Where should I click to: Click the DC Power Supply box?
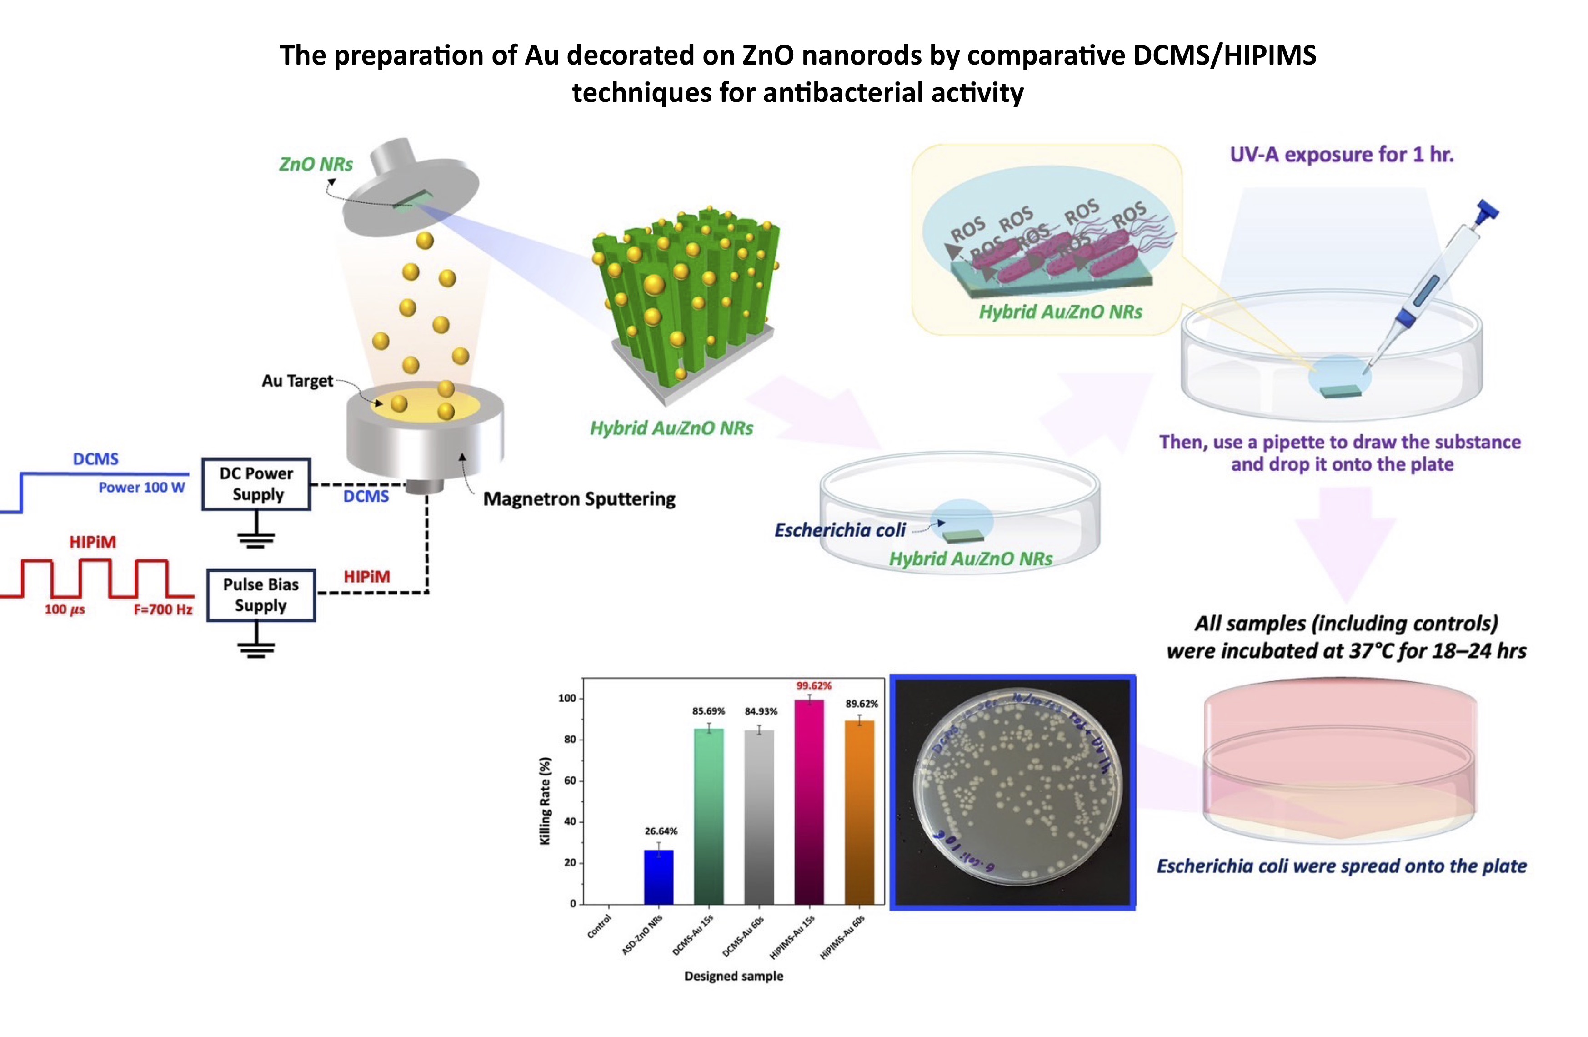256,484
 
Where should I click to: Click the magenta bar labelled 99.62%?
809,801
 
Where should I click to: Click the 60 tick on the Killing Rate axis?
569,780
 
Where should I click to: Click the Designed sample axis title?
733,976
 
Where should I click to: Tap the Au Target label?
297,381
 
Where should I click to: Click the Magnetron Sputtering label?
579,499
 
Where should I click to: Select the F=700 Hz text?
163,609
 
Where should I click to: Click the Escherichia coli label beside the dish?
839,530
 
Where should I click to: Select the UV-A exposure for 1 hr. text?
1341,155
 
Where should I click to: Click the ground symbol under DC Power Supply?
256,539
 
